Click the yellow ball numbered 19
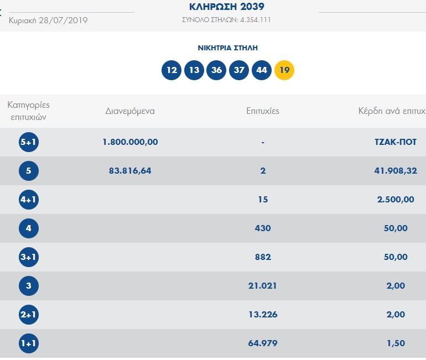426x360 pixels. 284,70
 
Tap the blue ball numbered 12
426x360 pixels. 172,70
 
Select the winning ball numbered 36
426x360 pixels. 217,70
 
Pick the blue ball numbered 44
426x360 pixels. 262,70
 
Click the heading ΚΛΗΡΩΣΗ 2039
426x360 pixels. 227,7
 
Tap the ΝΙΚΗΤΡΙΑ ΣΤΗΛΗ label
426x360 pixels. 228,48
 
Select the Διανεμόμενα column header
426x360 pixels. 130,111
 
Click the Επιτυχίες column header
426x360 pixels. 263,111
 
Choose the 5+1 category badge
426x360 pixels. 28,142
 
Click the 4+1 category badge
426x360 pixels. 28,200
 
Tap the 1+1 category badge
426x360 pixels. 28,343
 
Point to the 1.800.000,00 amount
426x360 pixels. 130,142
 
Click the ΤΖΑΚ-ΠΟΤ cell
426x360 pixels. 395,142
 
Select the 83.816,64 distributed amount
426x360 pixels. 130,171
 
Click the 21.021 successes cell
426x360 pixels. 263,286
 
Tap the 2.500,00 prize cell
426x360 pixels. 395,200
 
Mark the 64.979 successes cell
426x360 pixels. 263,343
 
